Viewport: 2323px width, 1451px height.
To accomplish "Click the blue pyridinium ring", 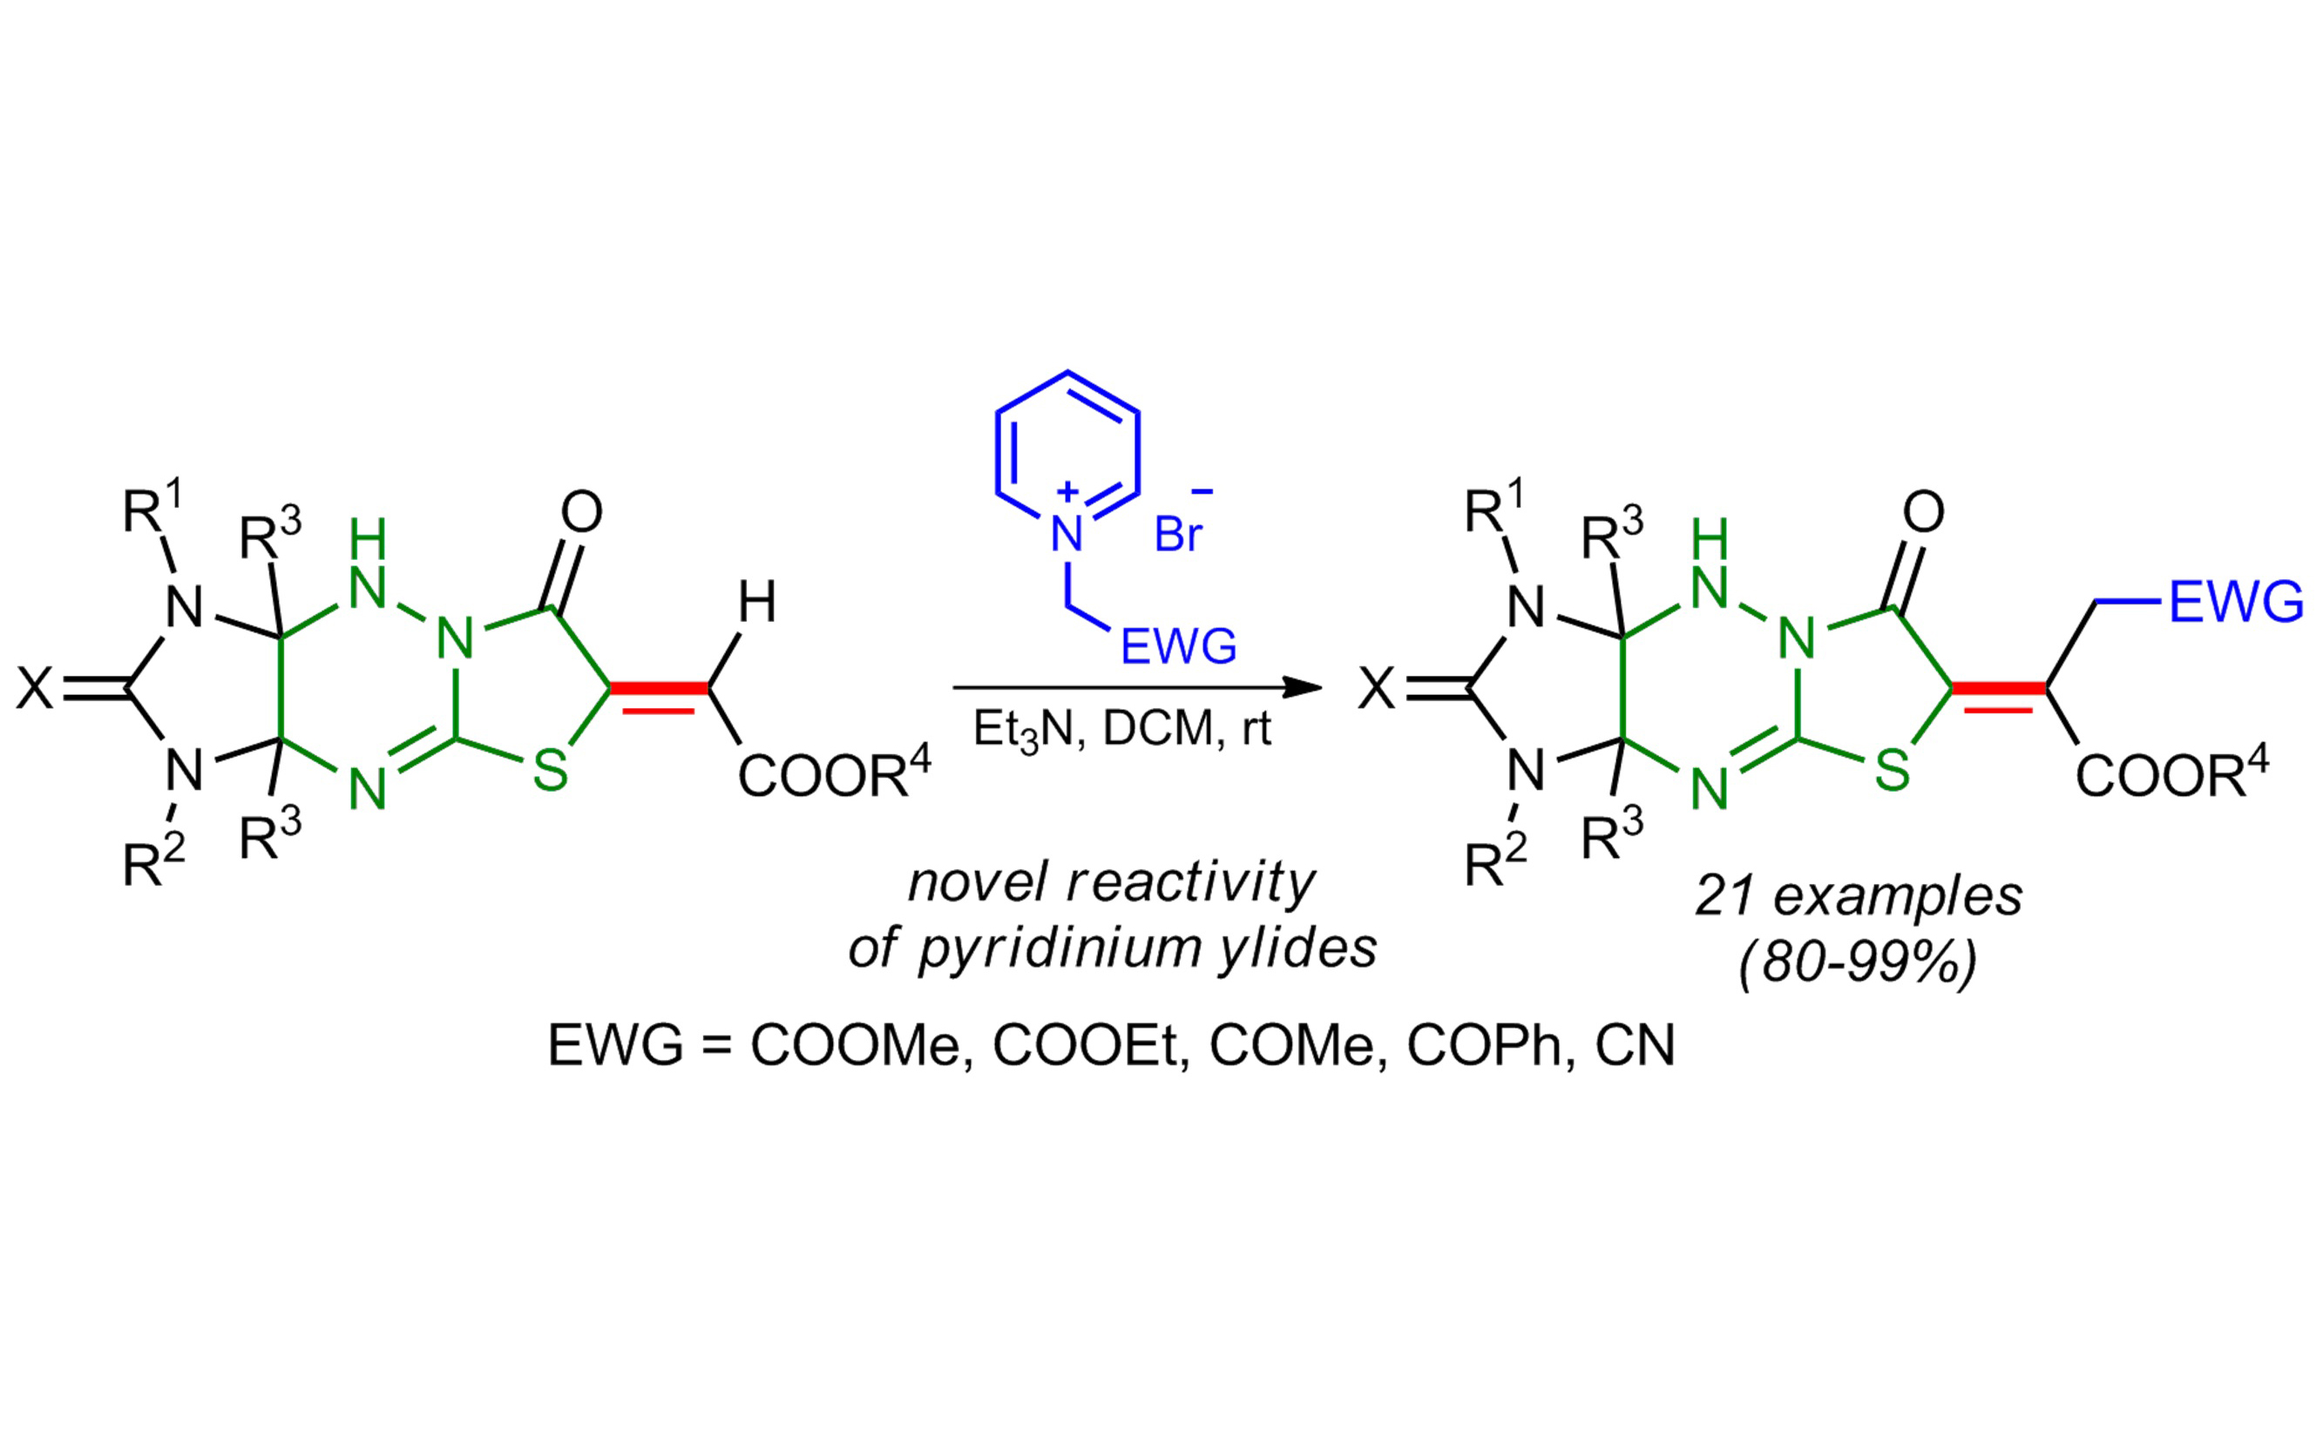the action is click(999, 451).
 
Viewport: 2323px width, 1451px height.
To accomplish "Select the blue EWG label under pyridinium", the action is click(1179, 647).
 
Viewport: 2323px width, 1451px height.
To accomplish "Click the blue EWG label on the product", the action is click(2236, 602).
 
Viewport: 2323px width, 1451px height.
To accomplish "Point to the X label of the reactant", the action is click(36, 688).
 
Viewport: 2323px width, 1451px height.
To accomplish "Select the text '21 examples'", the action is click(1859, 895).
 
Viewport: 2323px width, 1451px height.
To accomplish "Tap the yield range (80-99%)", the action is click(1859, 961).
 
